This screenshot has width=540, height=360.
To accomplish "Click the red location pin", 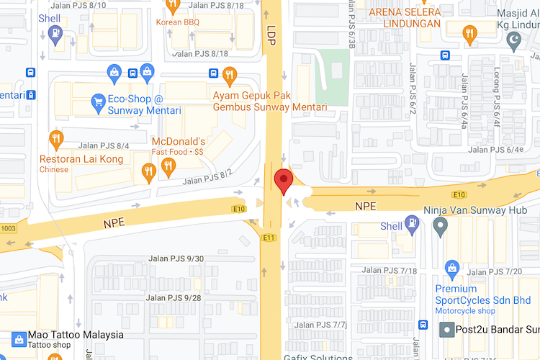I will click(284, 181).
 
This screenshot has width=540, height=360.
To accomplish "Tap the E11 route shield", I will click(270, 238).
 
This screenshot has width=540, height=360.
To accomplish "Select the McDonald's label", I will click(179, 141).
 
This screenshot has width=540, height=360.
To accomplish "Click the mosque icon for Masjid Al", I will click(514, 42).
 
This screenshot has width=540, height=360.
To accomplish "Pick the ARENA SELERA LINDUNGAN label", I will click(405, 17).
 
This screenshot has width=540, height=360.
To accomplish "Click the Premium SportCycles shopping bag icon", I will click(452, 269).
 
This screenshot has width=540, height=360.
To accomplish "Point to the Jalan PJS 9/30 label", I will click(176, 259).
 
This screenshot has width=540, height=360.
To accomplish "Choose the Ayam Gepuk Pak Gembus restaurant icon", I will click(230, 73).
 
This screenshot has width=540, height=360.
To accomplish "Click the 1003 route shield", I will click(8, 228).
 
